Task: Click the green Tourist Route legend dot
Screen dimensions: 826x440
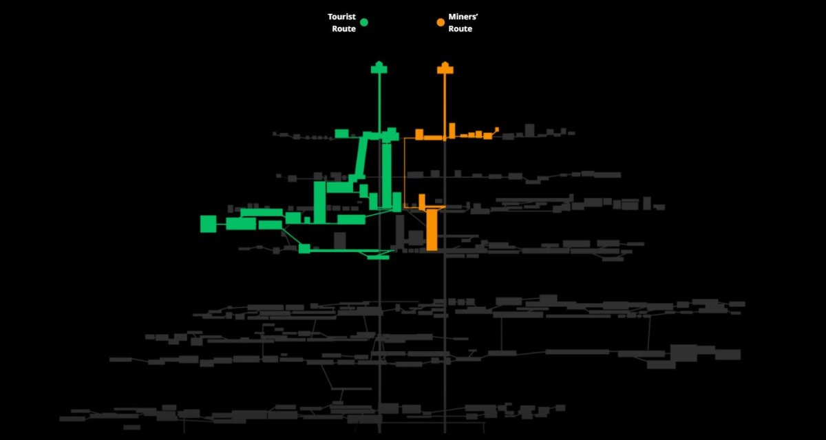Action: coord(364,23)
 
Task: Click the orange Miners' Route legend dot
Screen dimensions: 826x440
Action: coord(441,23)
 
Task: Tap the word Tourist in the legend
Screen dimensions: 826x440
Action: coord(341,17)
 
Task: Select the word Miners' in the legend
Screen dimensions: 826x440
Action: coord(463,17)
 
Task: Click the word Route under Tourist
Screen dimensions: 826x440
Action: coord(343,29)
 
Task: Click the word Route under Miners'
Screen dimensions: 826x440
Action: coord(460,29)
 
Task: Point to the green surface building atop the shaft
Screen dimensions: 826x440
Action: coord(379,68)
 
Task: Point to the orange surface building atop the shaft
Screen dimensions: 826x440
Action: coord(445,68)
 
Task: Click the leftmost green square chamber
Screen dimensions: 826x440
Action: coord(209,224)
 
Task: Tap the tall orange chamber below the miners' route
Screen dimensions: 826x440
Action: coord(432,229)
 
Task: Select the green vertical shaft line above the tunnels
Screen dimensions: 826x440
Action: coord(379,103)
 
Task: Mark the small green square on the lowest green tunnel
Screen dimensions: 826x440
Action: coord(304,249)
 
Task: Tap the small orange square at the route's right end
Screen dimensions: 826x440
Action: coord(497,129)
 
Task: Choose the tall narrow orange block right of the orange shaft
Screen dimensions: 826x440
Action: coord(452,131)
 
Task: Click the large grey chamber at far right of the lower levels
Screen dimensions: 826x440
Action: coord(684,353)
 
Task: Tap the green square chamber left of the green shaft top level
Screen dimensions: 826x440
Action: coord(342,134)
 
